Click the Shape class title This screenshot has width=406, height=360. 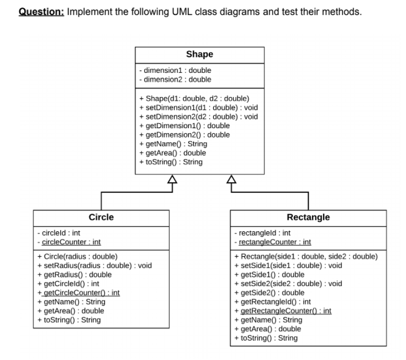click(x=199, y=54)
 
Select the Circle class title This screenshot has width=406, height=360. click(x=101, y=217)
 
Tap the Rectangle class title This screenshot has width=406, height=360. click(x=308, y=217)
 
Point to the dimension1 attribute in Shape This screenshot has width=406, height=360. click(x=175, y=70)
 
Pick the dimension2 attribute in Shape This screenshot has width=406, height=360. click(x=175, y=80)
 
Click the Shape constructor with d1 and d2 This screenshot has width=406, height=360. click(x=194, y=98)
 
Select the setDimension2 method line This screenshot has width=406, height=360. click(x=198, y=117)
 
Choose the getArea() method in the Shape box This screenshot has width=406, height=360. click(x=173, y=153)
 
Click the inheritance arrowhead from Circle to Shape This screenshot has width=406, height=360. click(x=172, y=179)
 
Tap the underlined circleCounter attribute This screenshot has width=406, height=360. click(x=68, y=242)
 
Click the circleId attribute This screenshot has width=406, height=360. click(x=58, y=233)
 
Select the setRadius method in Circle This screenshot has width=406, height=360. click(x=94, y=266)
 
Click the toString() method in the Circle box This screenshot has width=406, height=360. click(x=68, y=320)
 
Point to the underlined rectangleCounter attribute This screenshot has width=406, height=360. click(x=272, y=242)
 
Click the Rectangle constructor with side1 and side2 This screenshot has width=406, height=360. click(x=306, y=256)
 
